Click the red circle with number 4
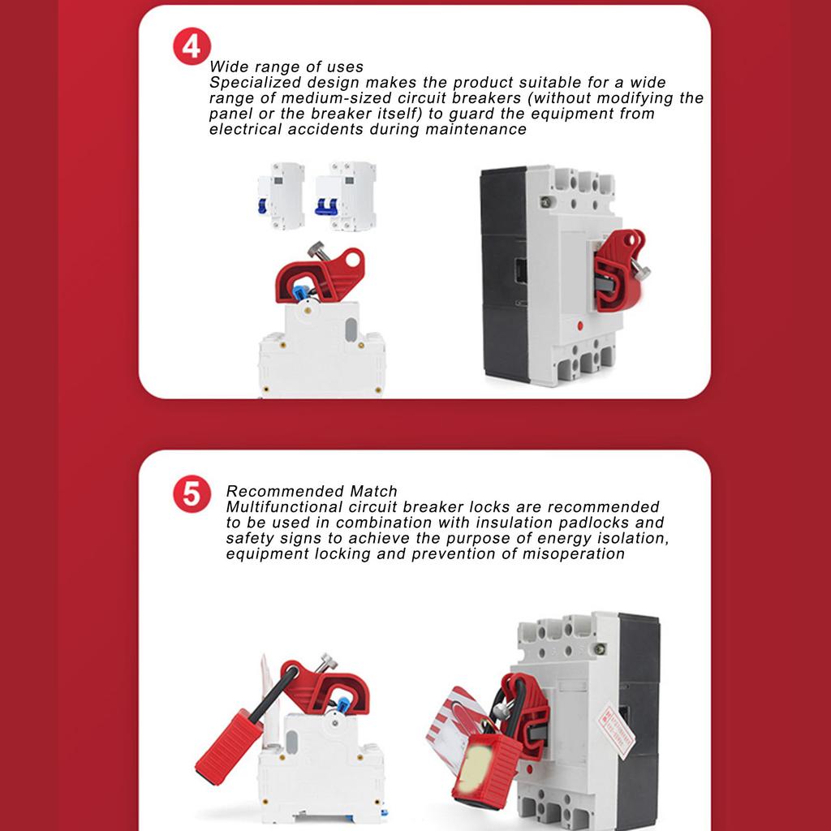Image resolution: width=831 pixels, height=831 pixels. [x=192, y=47]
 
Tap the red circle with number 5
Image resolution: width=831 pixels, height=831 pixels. [x=192, y=494]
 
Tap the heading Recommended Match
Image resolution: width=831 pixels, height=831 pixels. [x=312, y=491]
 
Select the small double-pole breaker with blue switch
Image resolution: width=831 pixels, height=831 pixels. [x=346, y=196]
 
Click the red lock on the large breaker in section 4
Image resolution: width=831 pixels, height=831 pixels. [x=618, y=268]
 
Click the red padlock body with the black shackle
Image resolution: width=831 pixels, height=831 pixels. [x=229, y=742]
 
